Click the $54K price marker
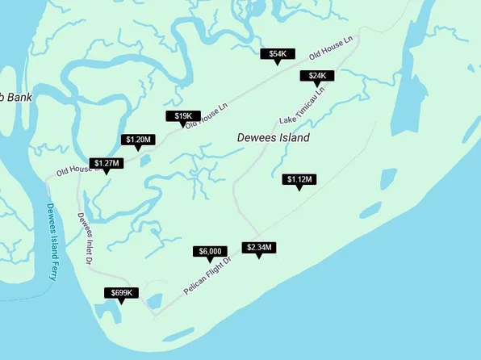click(x=278, y=54)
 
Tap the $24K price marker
click(x=317, y=76)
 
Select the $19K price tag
click(x=182, y=116)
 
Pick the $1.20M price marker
click(x=138, y=140)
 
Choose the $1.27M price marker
click(x=107, y=163)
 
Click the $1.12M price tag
click(x=300, y=179)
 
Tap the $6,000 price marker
click(x=210, y=252)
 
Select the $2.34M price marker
click(x=259, y=247)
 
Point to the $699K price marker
click(x=122, y=292)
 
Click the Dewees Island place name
click(x=273, y=138)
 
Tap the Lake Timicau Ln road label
click(x=302, y=105)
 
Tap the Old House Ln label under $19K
click(x=206, y=115)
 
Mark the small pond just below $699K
click(x=107, y=311)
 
